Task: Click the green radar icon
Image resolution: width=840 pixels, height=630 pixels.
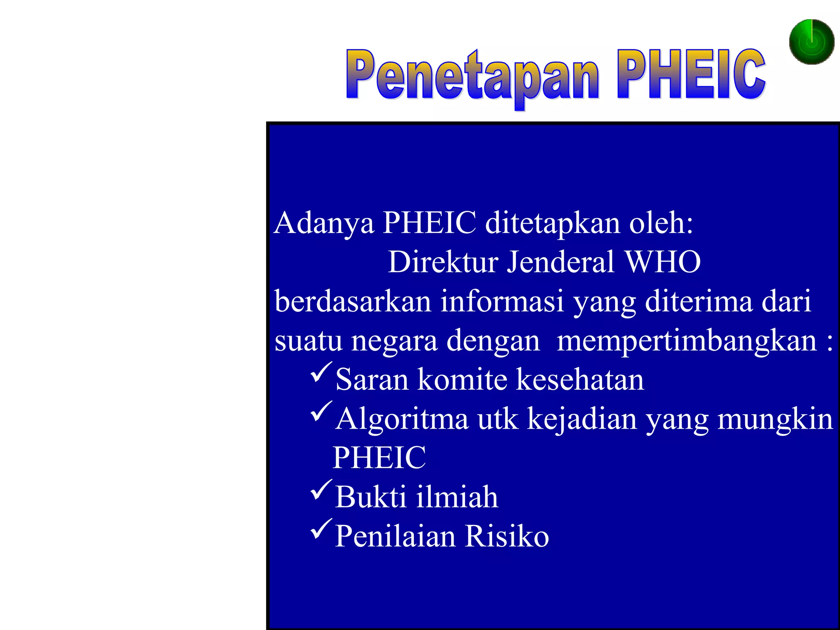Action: coord(811,42)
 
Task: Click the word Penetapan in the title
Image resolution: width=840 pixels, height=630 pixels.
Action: coord(472,76)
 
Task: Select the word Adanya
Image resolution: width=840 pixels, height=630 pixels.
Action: coord(324,224)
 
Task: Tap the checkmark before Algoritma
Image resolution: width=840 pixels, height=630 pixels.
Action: coord(321,412)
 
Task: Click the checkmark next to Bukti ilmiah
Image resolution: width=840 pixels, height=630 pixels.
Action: coord(321,490)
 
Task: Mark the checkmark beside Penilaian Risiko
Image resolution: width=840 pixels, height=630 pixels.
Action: coord(321,529)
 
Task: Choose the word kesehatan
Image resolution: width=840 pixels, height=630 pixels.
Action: coord(580,379)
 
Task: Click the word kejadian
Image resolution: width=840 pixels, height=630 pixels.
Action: coord(582,420)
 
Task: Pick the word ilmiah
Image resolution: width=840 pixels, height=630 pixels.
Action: coord(457,497)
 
